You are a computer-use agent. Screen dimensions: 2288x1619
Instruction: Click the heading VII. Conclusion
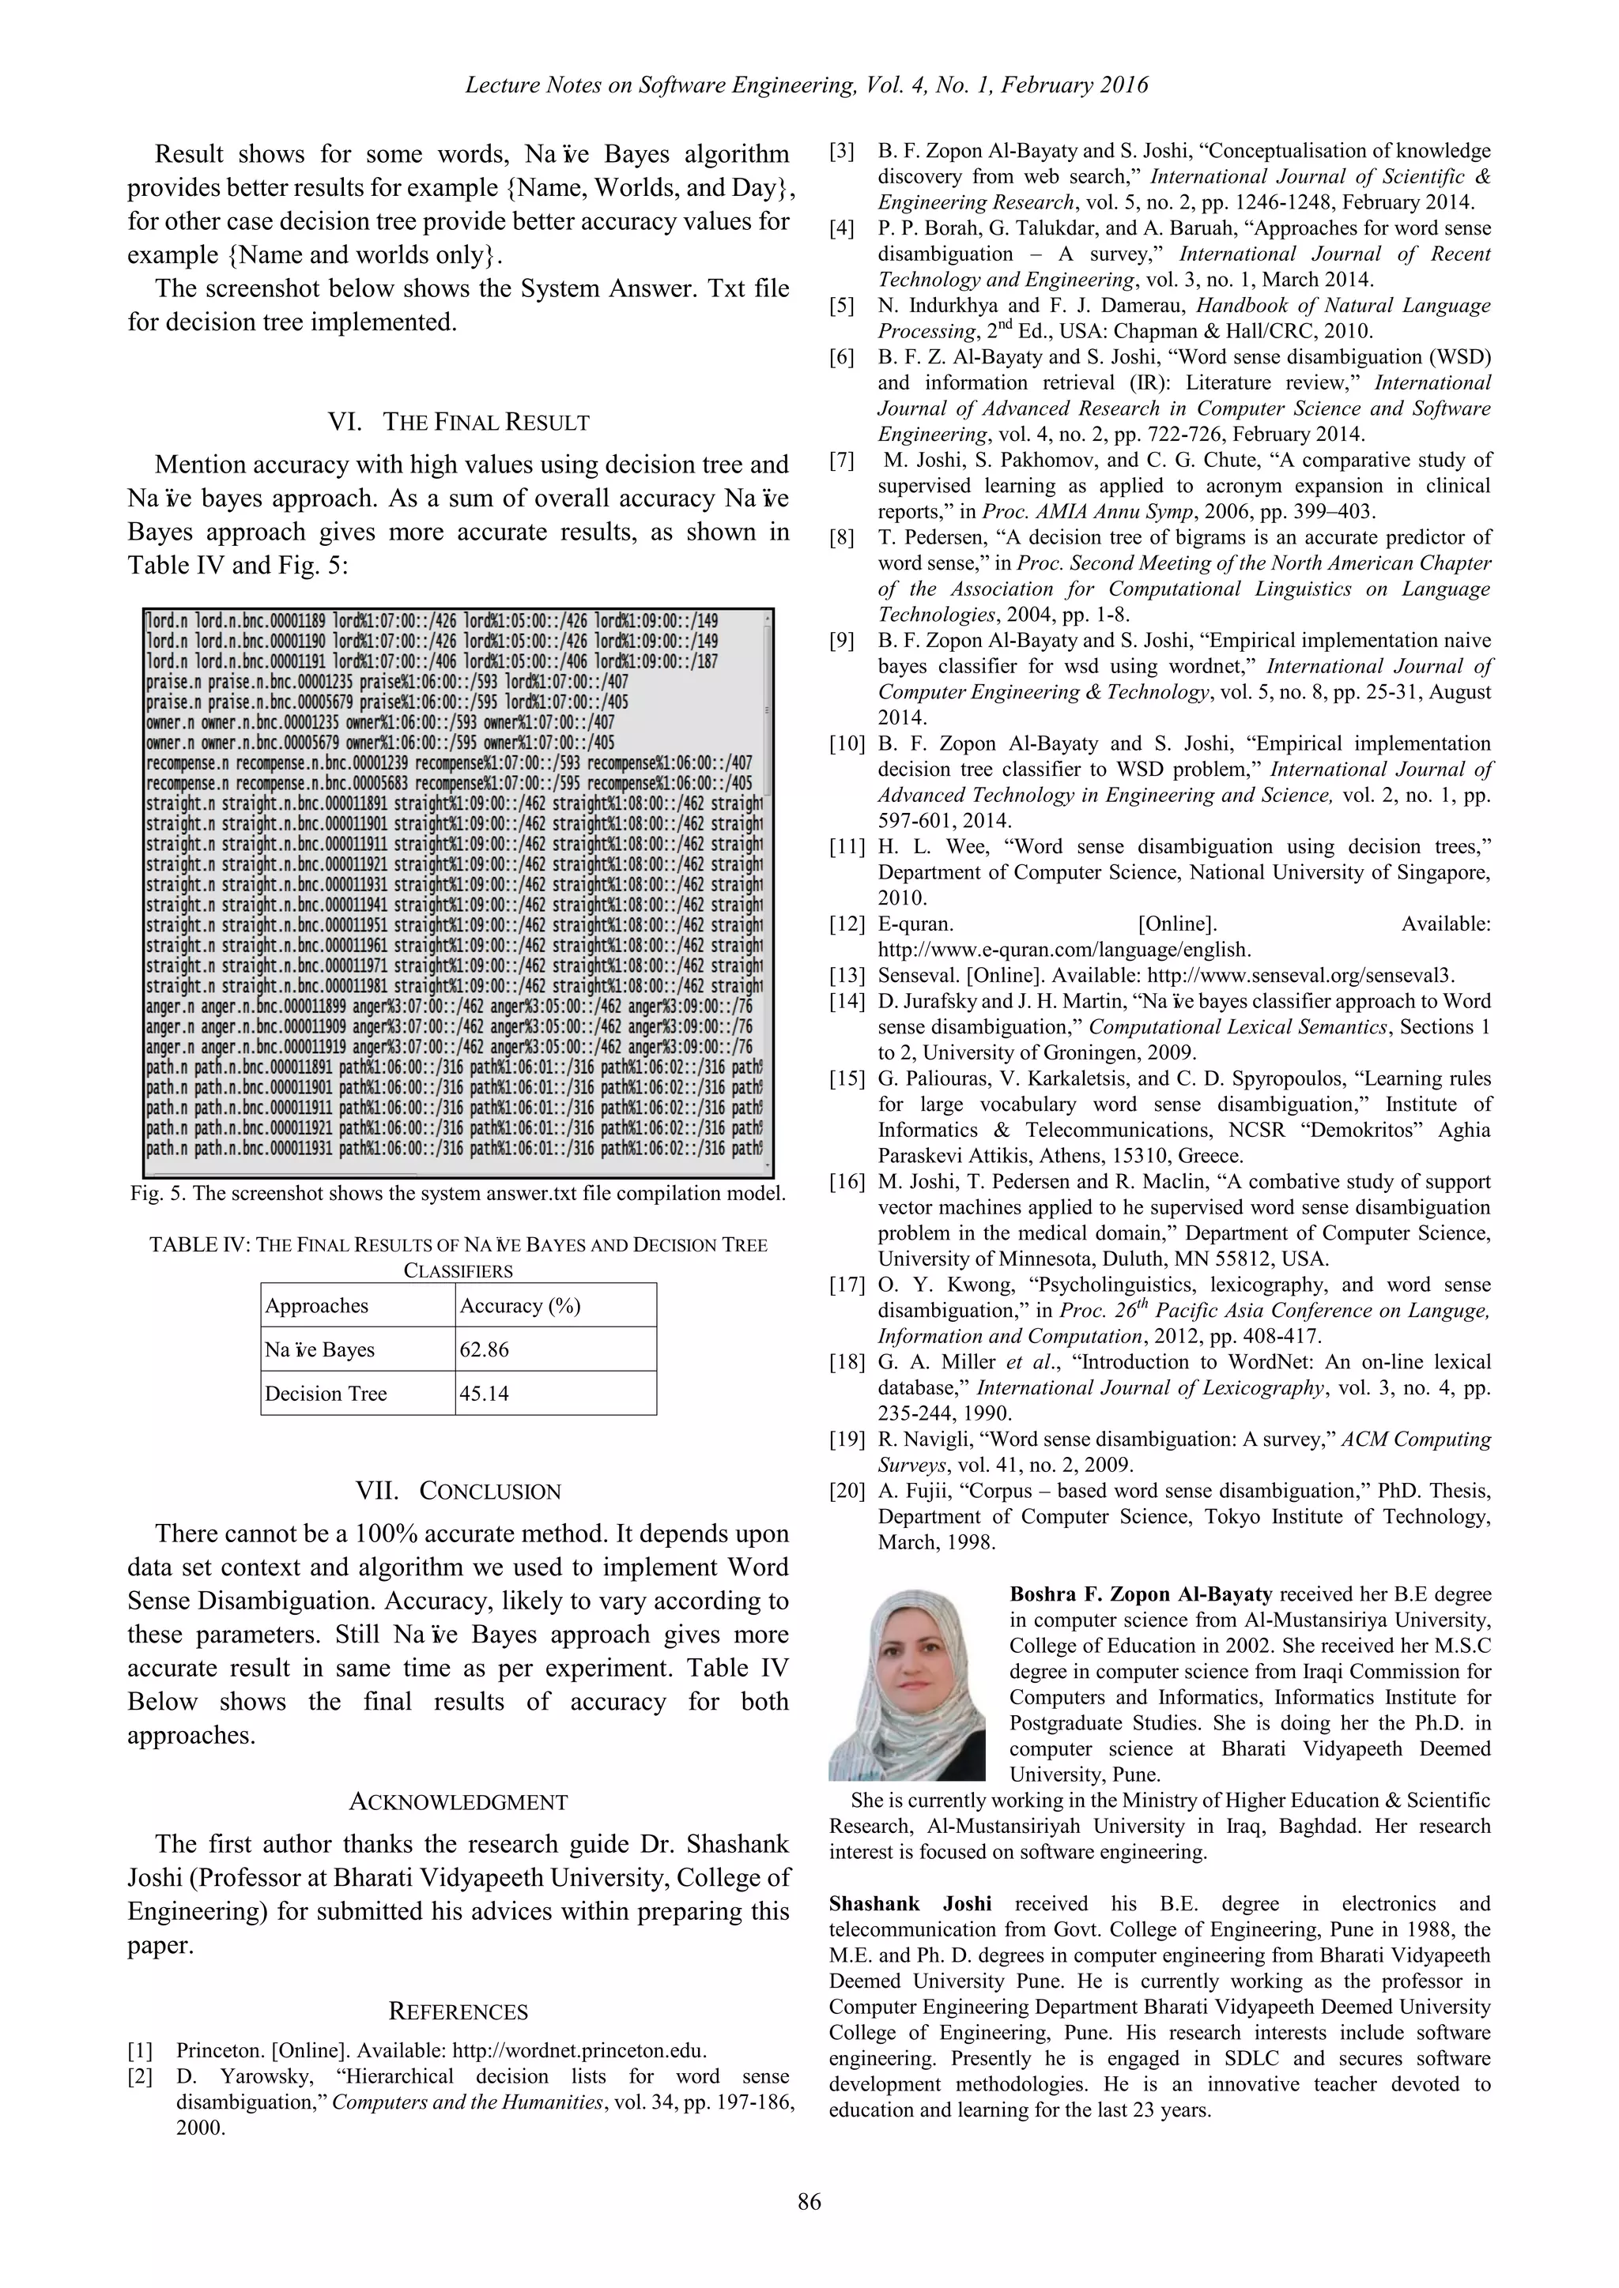tap(458, 1491)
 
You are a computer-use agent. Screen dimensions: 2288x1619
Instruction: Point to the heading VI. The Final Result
tap(458, 422)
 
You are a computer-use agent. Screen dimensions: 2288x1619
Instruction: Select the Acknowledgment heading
tap(458, 1801)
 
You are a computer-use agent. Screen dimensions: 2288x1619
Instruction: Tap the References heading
tap(458, 2011)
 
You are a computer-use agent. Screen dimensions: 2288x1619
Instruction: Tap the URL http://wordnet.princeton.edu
tap(579, 2050)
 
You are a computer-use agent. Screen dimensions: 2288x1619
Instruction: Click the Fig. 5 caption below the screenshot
tap(458, 1193)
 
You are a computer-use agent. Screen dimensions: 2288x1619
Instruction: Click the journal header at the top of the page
tap(806, 85)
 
